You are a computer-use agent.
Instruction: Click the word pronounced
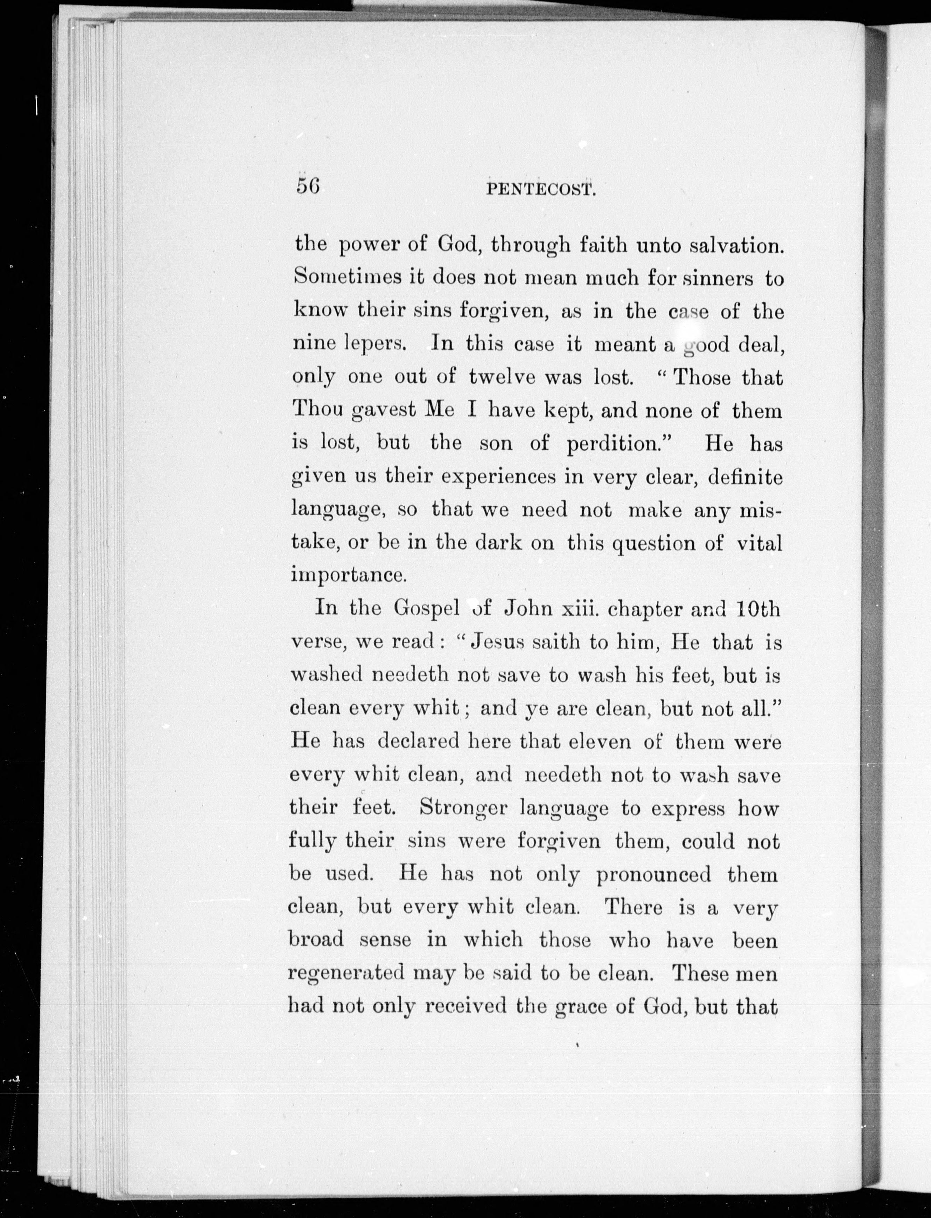653,874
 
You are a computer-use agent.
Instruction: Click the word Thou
315,410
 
